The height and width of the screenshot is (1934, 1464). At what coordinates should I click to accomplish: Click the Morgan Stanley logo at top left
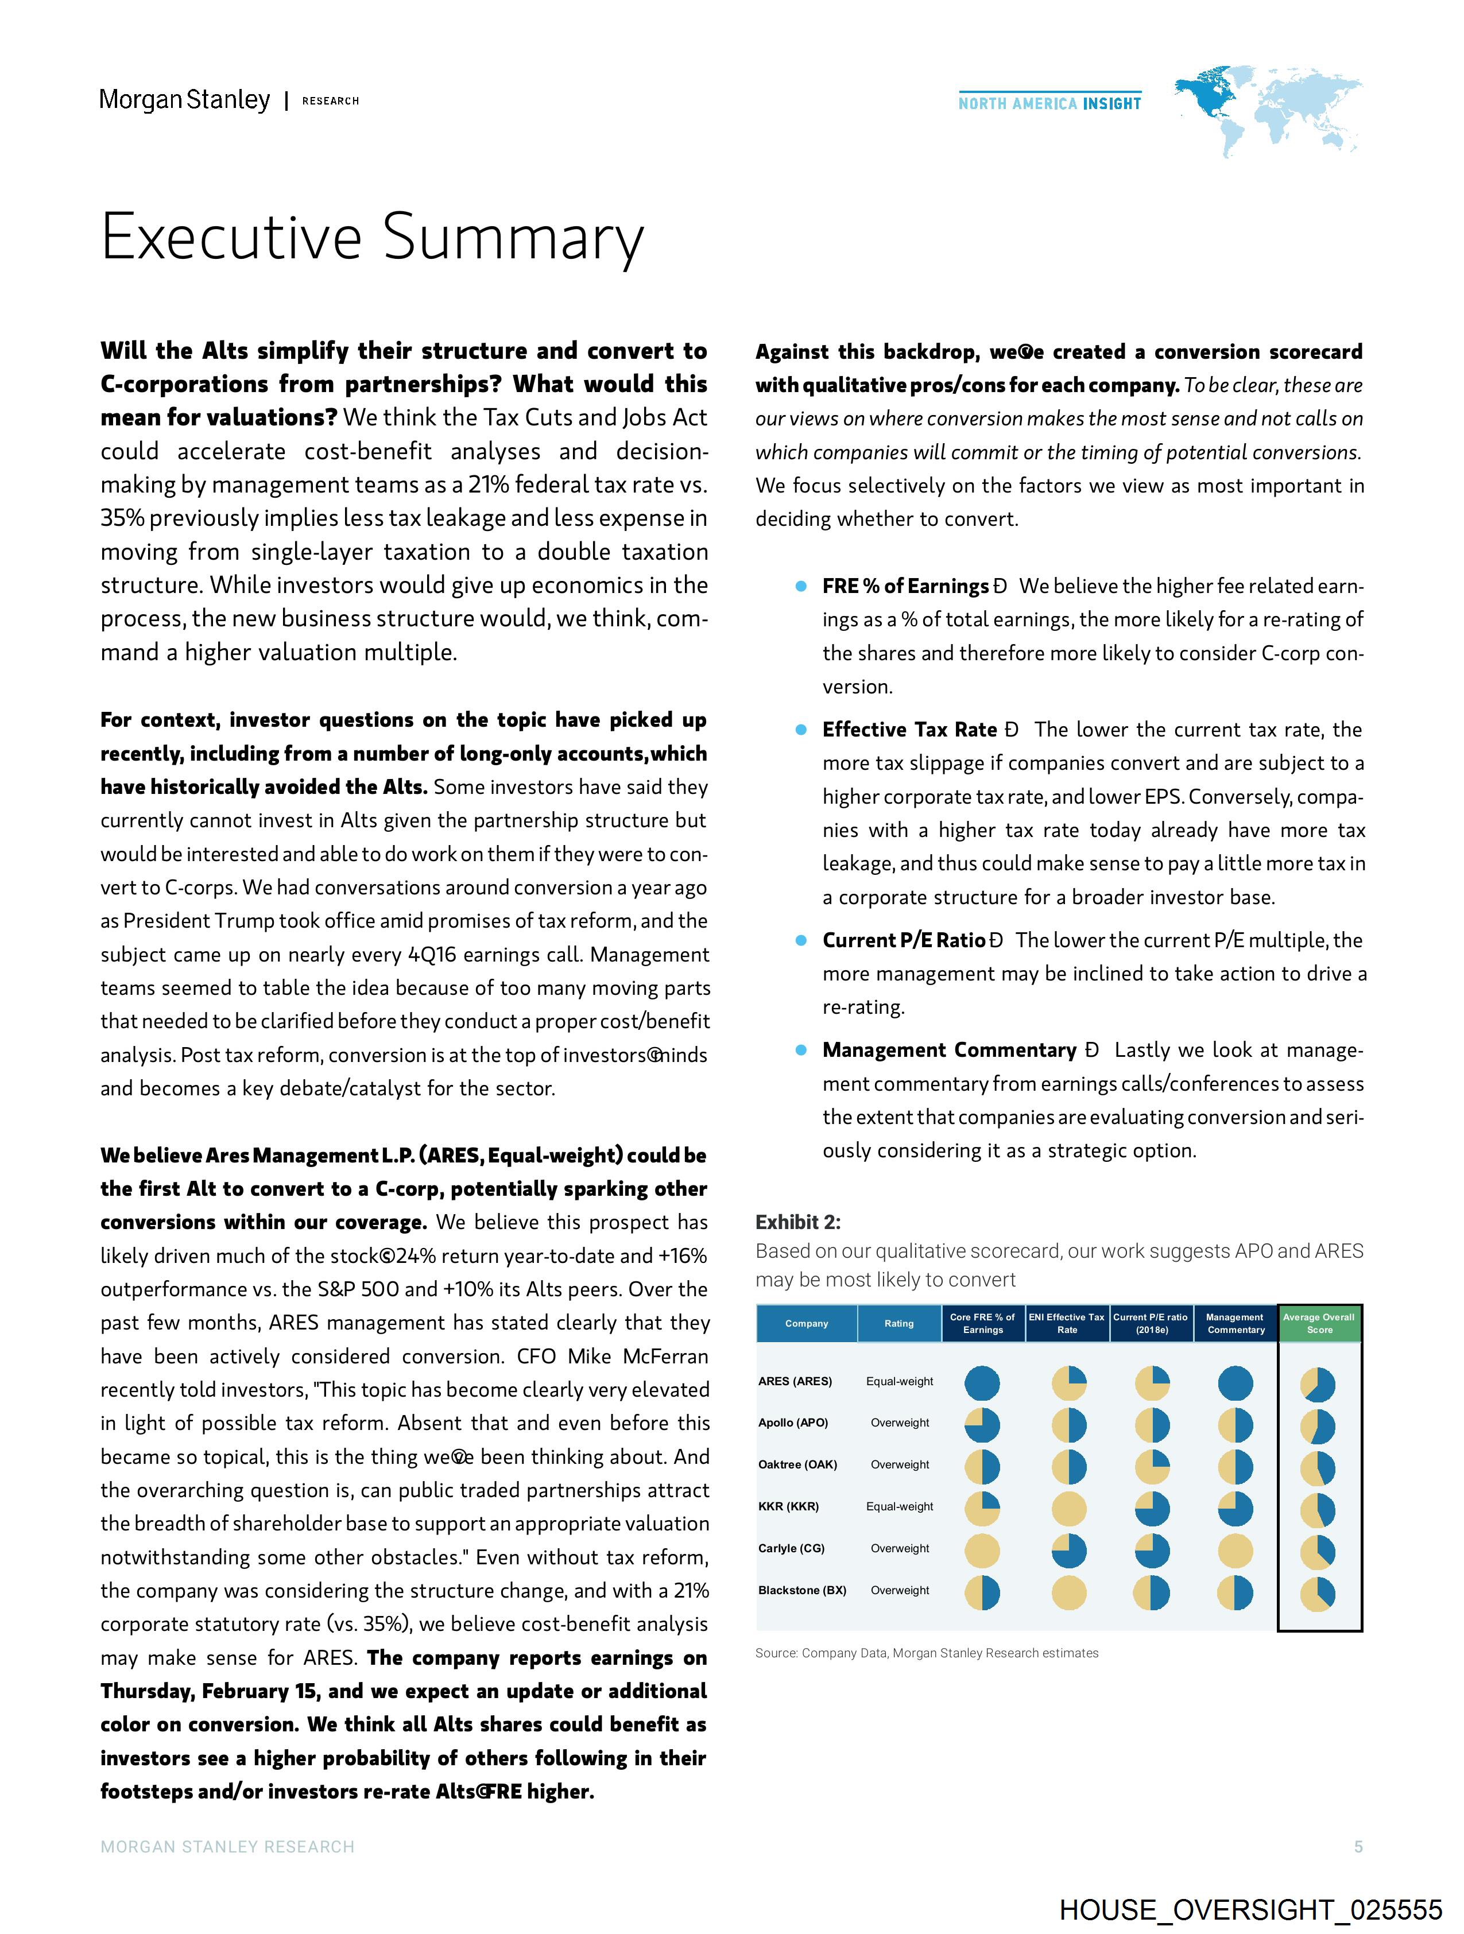click(x=184, y=100)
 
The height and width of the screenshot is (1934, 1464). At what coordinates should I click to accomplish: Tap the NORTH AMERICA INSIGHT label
click(x=1049, y=103)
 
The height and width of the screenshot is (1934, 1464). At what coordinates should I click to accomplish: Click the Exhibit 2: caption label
click(x=797, y=1222)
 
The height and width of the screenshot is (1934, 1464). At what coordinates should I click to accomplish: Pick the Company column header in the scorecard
click(x=806, y=1323)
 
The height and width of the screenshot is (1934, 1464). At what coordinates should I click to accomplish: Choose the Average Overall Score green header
click(x=1319, y=1323)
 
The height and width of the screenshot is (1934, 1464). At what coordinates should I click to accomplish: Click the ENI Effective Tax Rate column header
click(x=1067, y=1323)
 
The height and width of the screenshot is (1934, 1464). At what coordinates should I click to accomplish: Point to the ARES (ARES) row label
click(x=795, y=1381)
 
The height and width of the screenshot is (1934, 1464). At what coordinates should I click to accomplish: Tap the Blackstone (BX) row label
click(x=802, y=1590)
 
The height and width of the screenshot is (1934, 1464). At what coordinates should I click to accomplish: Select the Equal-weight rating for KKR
click(x=899, y=1506)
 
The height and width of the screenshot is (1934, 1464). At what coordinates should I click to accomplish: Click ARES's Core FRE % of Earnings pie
click(x=982, y=1383)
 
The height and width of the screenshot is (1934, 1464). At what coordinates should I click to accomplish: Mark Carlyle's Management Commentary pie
click(x=1235, y=1551)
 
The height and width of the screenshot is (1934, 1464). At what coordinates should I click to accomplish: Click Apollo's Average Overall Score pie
click(x=1318, y=1427)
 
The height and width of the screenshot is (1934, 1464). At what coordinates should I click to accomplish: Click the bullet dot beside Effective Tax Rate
click(x=800, y=730)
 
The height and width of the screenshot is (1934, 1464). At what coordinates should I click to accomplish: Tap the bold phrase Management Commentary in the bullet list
click(x=949, y=1050)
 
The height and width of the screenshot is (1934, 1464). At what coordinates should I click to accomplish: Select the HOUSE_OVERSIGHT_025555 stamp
click(x=1250, y=1909)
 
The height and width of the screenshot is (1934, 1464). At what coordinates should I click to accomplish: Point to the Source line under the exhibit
click(x=927, y=1653)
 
